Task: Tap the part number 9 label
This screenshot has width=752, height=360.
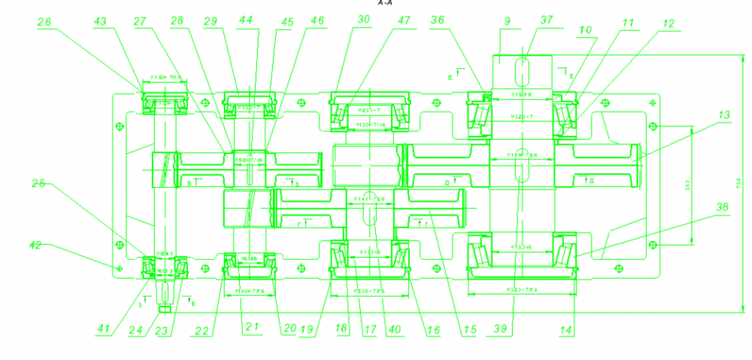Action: click(508, 22)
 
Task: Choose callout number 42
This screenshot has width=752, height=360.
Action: click(35, 245)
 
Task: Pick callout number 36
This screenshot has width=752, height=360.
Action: click(438, 22)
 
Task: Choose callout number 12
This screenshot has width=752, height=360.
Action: click(669, 23)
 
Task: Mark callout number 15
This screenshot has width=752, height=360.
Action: click(470, 328)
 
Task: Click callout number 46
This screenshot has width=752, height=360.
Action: click(317, 22)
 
